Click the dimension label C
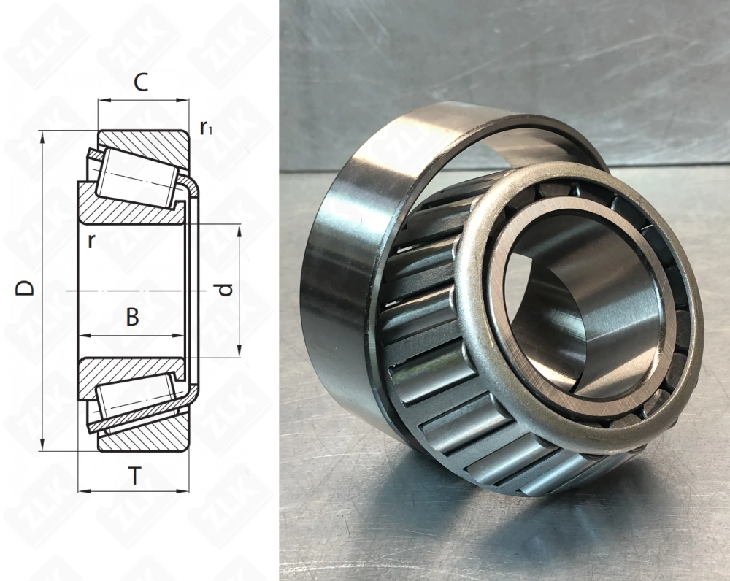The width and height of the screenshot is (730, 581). click(x=142, y=82)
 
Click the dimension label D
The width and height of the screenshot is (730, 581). click(x=26, y=288)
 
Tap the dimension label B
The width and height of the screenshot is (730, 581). click(x=132, y=318)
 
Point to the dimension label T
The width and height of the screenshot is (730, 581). click(x=135, y=477)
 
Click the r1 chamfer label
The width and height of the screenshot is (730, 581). click(x=206, y=128)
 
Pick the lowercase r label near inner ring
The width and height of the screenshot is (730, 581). click(x=91, y=242)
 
